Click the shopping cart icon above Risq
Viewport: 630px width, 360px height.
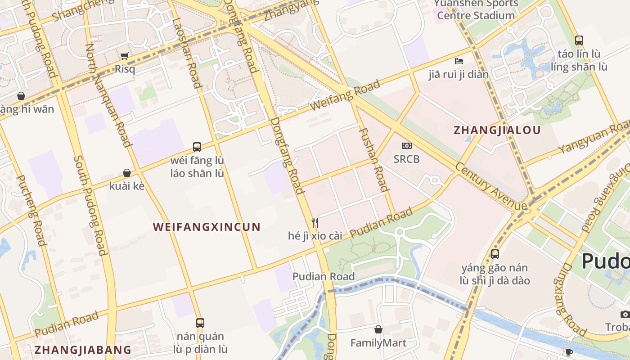click(124, 56)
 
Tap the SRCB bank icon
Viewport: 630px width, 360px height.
click(406, 146)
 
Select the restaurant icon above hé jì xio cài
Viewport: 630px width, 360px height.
click(315, 222)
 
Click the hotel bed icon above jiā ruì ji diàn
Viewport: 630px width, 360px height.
click(459, 61)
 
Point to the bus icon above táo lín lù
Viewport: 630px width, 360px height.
click(579, 40)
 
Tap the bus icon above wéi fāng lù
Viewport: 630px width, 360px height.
click(197, 147)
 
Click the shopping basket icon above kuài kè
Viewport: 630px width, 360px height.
click(127, 173)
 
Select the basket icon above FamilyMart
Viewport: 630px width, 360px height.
click(378, 329)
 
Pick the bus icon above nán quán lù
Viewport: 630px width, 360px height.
click(200, 323)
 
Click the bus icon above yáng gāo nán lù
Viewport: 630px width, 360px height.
click(495, 254)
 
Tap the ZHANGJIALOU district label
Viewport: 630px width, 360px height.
click(497, 130)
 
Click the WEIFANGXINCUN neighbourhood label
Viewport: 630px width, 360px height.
click(207, 227)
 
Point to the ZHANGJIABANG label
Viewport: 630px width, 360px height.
click(83, 350)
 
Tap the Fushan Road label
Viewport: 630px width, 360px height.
click(374, 160)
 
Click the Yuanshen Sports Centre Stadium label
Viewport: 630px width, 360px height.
click(476, 9)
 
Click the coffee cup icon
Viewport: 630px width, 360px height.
click(569, 352)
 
